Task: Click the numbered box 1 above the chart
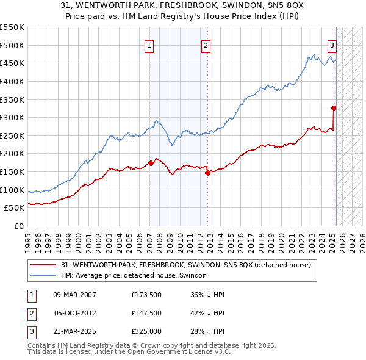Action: [149, 45]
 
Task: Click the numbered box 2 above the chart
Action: [206, 45]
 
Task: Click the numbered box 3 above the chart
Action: [332, 45]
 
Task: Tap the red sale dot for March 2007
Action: [151, 163]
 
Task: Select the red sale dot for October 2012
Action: [207, 173]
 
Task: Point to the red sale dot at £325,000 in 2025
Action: [334, 108]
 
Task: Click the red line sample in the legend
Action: [43, 265]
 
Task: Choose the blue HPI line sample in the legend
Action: [43, 275]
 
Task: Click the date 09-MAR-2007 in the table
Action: [75, 295]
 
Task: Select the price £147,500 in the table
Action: [146, 314]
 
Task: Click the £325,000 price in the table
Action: [146, 333]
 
